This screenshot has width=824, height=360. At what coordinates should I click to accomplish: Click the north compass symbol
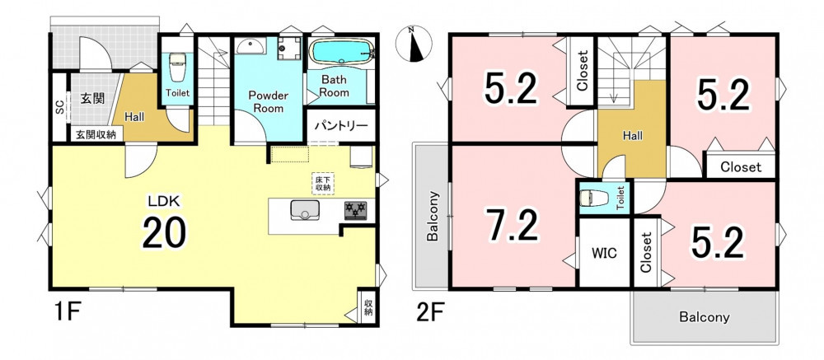[x=414, y=44]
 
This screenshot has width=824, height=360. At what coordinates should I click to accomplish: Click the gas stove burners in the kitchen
[x=356, y=211]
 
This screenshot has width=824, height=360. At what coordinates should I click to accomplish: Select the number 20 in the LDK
[x=164, y=232]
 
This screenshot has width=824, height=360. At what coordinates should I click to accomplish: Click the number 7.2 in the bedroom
[x=513, y=225]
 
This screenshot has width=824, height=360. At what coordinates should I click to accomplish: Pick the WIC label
[x=604, y=253]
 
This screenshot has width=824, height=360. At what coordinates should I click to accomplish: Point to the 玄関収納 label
[x=96, y=134]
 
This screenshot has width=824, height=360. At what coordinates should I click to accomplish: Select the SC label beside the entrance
[x=60, y=108]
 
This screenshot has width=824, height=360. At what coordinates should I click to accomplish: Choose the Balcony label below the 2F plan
[x=705, y=317]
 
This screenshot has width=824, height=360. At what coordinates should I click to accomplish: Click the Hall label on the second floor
[x=633, y=136]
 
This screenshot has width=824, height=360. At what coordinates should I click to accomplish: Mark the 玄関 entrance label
[x=92, y=98]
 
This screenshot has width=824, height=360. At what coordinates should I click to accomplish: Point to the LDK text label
[x=164, y=200]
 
